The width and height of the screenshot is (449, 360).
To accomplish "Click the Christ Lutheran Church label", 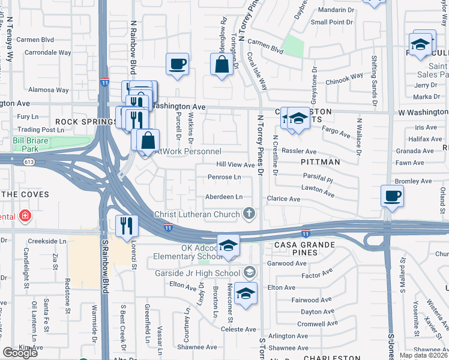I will [x=197, y=214].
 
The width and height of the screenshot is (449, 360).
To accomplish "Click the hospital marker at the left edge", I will [x=25, y=215].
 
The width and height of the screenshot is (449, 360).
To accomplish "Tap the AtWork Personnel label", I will [x=188, y=152].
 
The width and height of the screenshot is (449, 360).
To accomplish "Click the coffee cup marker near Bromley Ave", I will [x=392, y=196].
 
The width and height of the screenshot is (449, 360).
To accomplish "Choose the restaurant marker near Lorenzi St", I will [x=126, y=226].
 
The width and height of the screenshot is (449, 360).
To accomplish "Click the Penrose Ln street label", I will [x=224, y=177].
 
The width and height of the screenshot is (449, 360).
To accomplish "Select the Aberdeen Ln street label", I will [x=224, y=197].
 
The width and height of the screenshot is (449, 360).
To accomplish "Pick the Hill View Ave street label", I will [x=236, y=164].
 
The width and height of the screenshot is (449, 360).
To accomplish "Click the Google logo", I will [x=20, y=353].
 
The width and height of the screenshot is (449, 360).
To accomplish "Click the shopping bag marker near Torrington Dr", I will [x=221, y=64].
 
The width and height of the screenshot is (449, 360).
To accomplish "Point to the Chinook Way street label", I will [x=345, y=76].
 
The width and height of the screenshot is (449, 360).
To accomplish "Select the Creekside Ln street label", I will [x=46, y=241].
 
